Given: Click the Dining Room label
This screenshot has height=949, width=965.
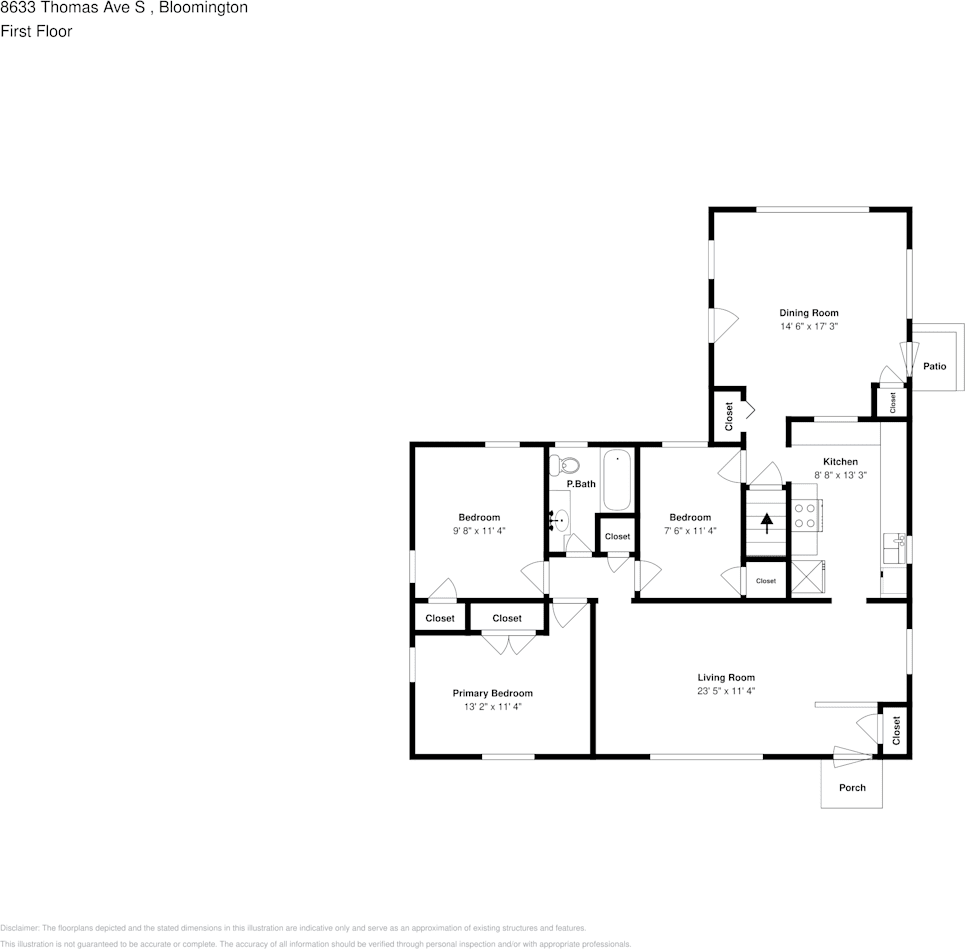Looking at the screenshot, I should [808, 313].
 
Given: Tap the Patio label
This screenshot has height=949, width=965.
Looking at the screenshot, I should [934, 366].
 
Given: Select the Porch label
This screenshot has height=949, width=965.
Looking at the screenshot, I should [852, 787].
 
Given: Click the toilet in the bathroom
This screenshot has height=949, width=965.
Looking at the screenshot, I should [568, 465].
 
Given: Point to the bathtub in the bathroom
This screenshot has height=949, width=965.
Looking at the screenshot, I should [617, 479].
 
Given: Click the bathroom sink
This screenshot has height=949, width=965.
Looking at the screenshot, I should [562, 520].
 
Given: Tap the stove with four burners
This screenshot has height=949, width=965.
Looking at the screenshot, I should [805, 515].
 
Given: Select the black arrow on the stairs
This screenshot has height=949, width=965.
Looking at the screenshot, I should [767, 523].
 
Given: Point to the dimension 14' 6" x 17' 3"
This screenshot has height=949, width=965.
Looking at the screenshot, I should [808, 327].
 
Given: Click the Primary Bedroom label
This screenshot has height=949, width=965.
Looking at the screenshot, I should [492, 693].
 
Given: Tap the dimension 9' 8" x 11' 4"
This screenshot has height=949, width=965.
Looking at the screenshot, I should [479, 531].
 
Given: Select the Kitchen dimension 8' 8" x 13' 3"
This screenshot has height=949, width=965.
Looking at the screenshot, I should [839, 475].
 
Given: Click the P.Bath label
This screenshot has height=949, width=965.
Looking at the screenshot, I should [581, 485].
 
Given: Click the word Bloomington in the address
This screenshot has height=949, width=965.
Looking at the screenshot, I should [204, 8].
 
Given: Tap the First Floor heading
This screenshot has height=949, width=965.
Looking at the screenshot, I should [36, 31].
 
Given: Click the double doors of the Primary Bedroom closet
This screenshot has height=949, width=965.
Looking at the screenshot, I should [508, 645].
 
